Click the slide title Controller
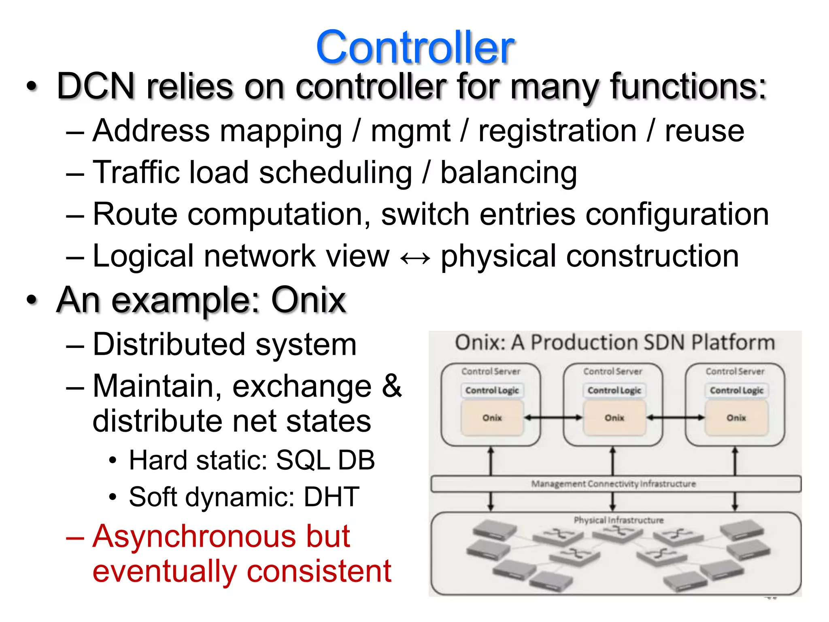point(414,48)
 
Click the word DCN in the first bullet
point(96,86)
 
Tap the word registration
point(557,131)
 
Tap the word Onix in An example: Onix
point(308,300)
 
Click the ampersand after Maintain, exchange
point(391,386)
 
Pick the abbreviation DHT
point(331,497)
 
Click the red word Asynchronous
point(221,537)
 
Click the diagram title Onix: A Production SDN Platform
point(614,343)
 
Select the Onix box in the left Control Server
point(492,418)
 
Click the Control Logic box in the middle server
point(614,390)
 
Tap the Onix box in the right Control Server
point(736,418)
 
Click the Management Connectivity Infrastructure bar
point(615,484)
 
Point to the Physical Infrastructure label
point(619,520)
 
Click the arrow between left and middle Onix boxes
point(553,418)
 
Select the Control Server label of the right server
point(735,371)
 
